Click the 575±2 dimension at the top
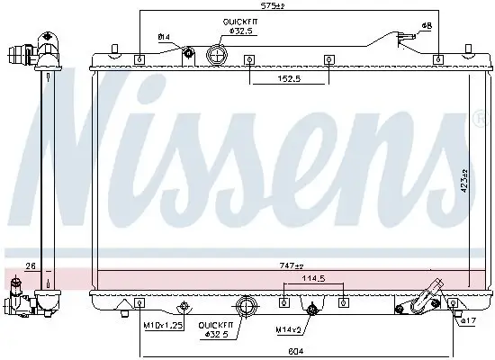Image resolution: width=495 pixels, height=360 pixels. point(274,5)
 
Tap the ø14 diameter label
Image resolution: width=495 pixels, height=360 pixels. point(164,37)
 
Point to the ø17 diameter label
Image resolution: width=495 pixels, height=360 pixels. point(467,319)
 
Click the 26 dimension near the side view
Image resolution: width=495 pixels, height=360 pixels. point(30,265)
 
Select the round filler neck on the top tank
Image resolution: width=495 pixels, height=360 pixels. point(216,55)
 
